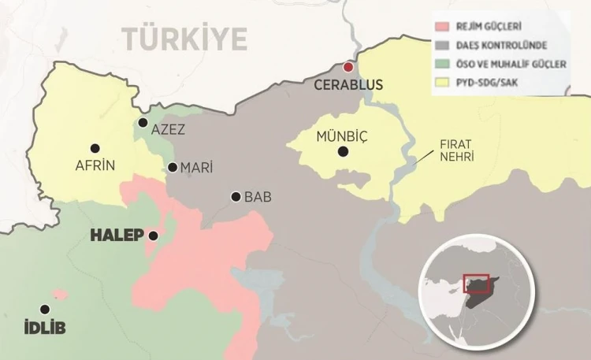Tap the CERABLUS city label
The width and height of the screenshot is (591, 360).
coord(348,85)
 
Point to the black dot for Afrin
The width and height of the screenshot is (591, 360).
coord(95,148)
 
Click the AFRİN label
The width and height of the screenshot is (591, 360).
coord(95,165)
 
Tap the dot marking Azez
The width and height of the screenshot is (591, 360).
coord(143,122)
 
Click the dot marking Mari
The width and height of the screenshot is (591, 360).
coord(173,167)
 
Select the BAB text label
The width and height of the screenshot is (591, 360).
coord(258,197)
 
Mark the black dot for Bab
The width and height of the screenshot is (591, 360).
coord(236,196)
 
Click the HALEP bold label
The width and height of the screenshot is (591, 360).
coord(117,236)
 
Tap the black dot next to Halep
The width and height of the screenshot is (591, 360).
coord(153,236)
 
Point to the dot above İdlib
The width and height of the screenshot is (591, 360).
coord(45,310)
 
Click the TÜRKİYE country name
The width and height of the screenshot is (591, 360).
coord(184,38)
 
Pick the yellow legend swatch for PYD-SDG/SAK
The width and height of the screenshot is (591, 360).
coord(441,80)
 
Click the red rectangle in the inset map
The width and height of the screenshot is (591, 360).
coord(476,284)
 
